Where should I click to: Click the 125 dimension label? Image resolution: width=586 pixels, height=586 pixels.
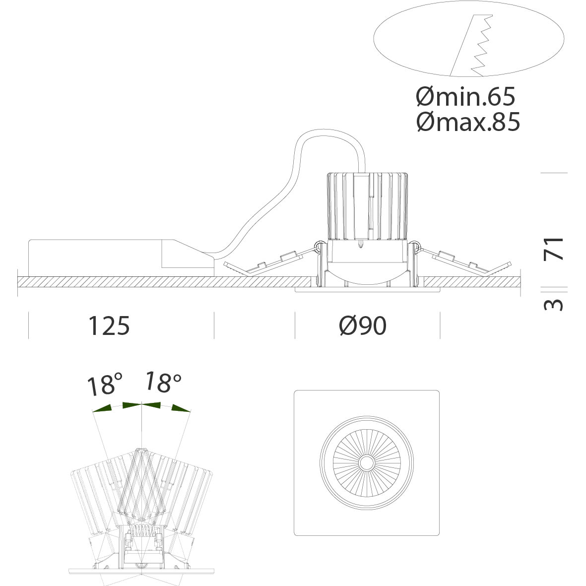click(109, 326)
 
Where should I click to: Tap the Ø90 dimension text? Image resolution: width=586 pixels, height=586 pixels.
click(363, 326)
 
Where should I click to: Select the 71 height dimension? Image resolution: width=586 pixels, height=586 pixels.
click(553, 249)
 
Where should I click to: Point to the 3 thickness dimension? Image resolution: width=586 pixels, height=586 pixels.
click(553, 305)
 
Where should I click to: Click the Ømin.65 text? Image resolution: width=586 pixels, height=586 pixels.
click(465, 96)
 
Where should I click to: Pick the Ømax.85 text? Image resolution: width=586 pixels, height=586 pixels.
click(468, 122)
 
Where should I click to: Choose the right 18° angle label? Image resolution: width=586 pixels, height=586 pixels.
click(163, 382)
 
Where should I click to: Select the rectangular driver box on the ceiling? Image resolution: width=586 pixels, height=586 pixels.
click(122, 258)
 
